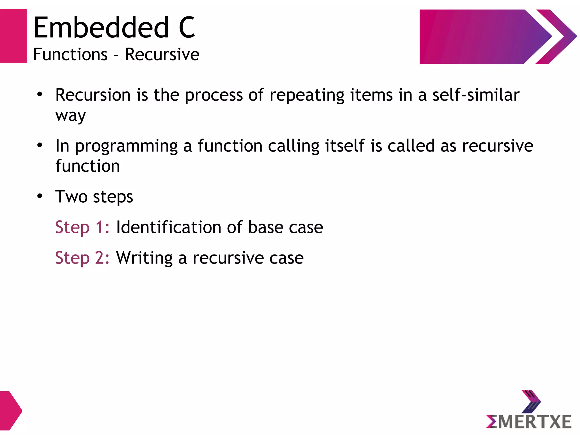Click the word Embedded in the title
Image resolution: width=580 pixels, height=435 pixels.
pyautogui.click(x=101, y=27)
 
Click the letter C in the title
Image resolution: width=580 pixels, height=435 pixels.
pyautogui.click(x=187, y=27)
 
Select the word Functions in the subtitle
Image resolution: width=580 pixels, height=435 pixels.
pyautogui.click(x=70, y=54)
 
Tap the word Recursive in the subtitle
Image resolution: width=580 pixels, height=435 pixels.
pyautogui.click(x=162, y=54)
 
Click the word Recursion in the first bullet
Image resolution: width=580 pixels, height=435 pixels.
pyautogui.click(x=93, y=95)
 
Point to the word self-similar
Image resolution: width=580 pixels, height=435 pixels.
pyautogui.click(x=476, y=95)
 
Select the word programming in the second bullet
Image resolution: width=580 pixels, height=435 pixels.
pyautogui.click(x=126, y=146)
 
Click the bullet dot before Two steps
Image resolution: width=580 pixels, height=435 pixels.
pyautogui.click(x=40, y=196)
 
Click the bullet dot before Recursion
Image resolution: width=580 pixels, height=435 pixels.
pyautogui.click(x=40, y=94)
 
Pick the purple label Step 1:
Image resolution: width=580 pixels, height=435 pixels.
pyautogui.click(x=82, y=228)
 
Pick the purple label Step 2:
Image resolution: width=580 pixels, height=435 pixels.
pyautogui.click(x=82, y=258)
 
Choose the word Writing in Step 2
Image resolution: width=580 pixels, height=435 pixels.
pyautogui.click(x=144, y=258)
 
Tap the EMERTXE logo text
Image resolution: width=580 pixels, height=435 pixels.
pyautogui.click(x=529, y=421)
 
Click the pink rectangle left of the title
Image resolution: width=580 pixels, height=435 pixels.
pyautogui.click(x=13, y=36)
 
